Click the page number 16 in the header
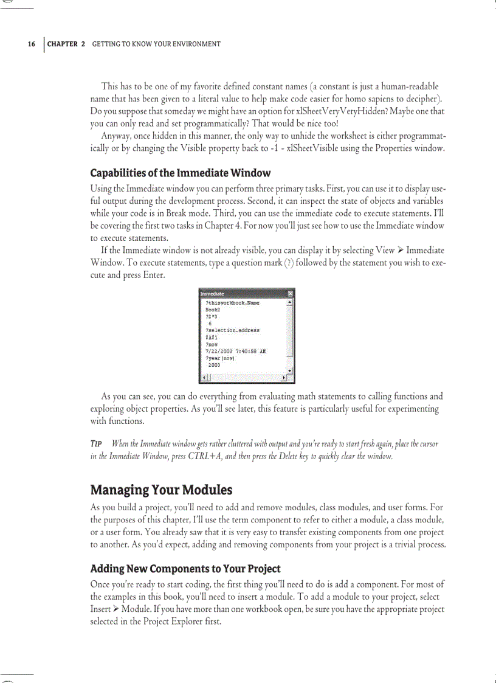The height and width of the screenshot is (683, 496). pyautogui.click(x=31, y=44)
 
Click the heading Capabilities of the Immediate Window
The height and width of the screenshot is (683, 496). pyautogui.click(x=180, y=173)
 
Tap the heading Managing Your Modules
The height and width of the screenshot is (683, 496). pyautogui.click(x=161, y=490)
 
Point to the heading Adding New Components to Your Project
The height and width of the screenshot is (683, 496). pyautogui.click(x=185, y=569)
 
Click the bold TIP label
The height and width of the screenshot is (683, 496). pyautogui.click(x=95, y=444)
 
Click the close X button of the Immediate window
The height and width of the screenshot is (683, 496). pyautogui.click(x=291, y=294)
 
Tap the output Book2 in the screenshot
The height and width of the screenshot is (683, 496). pyautogui.click(x=213, y=310)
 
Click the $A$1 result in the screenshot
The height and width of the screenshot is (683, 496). pyautogui.click(x=212, y=337)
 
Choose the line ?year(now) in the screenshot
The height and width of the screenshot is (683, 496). pyautogui.click(x=220, y=358)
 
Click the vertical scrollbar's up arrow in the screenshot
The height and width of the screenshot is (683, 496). pyautogui.click(x=291, y=302)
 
